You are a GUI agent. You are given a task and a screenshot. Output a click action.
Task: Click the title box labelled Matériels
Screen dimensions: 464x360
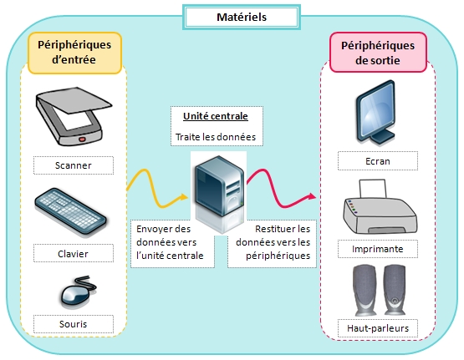point(242,18)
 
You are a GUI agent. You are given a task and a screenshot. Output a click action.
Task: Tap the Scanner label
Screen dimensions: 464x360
point(74,165)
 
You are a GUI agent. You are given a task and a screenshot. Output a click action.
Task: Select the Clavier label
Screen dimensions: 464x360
point(74,253)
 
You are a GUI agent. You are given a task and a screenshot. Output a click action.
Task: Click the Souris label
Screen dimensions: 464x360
point(74,324)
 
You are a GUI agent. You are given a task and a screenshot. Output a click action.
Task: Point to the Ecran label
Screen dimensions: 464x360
point(378,161)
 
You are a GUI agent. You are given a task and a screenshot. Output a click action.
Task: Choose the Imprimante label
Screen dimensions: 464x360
point(378,249)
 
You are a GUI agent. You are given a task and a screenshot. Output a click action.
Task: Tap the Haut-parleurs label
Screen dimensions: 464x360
point(378,328)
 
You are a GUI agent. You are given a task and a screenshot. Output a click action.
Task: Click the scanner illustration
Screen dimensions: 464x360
point(73,116)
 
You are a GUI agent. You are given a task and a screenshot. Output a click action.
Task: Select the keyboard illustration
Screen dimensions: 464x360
point(70,211)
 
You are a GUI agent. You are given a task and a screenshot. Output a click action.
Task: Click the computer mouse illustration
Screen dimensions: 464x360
point(78,292)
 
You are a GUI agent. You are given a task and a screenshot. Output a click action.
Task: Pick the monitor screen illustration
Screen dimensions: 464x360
point(376,112)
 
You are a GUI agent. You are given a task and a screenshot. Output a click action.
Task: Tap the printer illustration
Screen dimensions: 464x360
point(380,207)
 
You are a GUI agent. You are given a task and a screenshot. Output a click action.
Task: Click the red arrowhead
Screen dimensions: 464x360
point(312,196)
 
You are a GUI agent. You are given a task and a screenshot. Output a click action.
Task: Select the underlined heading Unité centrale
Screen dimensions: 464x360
point(216,116)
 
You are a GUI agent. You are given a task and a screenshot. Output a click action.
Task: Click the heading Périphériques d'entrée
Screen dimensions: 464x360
point(74,53)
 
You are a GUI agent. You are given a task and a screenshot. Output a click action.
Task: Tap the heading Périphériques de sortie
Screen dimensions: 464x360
point(378,53)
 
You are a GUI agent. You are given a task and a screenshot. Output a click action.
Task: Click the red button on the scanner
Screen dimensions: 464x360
point(82,139)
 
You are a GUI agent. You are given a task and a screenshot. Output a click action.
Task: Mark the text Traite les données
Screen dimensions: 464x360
point(216,137)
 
